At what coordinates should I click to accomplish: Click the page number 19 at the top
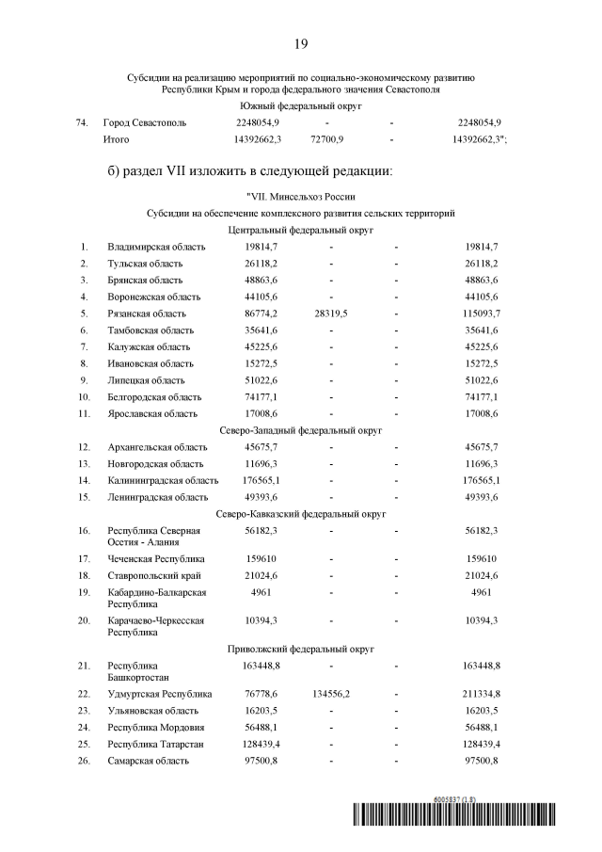301,43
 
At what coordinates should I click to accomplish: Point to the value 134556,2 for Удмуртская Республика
327,694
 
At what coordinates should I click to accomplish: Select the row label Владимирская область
156,247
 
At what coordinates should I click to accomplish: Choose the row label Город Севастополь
145,122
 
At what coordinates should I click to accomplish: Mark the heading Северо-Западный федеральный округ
301,429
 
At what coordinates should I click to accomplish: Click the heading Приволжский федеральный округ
301,650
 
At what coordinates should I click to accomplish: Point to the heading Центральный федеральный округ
301,230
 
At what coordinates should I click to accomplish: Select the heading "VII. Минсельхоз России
300,197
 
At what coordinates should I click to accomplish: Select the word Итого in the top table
117,139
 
